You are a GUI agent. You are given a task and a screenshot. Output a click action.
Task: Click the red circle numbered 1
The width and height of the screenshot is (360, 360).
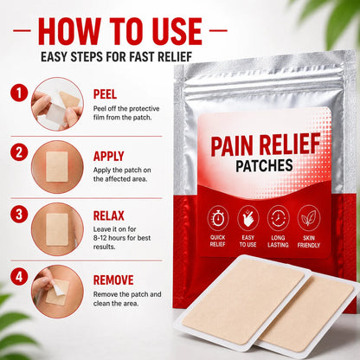click(x=19, y=93)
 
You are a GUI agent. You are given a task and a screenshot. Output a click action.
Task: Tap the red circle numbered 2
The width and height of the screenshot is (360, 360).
click(x=19, y=152)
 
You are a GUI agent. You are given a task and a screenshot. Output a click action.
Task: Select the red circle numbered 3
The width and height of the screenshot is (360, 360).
click(x=19, y=215)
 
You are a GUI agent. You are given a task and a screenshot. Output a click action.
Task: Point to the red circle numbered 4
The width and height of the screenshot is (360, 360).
click(x=19, y=276)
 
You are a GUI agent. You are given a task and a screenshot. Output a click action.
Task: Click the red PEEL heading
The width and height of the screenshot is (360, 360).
click(x=105, y=94)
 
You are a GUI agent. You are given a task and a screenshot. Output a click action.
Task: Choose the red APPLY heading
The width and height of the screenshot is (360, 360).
click(x=109, y=156)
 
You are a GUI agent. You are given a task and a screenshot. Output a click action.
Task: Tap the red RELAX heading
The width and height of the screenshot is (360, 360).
click(x=109, y=215)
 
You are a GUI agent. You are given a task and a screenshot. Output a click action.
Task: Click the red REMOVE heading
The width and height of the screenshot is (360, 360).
click(x=113, y=280)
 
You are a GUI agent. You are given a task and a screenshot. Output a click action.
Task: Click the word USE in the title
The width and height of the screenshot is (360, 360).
click(x=177, y=31)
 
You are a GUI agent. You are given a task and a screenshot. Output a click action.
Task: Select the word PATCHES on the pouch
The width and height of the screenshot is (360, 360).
click(x=264, y=165)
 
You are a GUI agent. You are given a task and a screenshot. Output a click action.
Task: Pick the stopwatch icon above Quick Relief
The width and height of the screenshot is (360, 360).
click(x=218, y=218)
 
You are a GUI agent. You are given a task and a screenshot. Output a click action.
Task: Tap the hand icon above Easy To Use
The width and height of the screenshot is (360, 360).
click(x=248, y=218)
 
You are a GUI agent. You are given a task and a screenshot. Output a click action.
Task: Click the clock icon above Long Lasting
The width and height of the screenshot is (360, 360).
click(x=279, y=218)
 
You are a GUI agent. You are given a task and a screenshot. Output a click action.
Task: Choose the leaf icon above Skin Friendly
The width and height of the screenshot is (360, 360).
click(x=309, y=218)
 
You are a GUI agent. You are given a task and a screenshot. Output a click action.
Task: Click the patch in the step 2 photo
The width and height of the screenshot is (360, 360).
click(x=57, y=167)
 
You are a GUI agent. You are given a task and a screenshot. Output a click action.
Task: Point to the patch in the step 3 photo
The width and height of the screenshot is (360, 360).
click(x=57, y=229)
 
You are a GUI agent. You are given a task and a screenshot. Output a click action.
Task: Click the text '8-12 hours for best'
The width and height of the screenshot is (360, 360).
click(x=122, y=238)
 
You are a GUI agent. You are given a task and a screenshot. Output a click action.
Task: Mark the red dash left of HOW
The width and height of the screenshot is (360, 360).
click(x=22, y=30)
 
